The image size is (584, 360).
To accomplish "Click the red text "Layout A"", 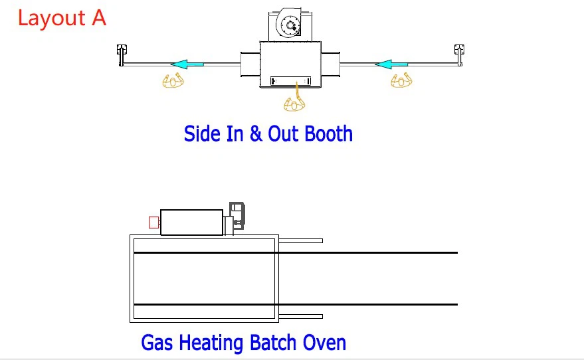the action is (x=62, y=18).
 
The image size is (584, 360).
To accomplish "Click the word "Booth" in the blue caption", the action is (x=328, y=134).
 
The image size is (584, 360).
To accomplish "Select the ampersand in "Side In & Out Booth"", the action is (x=256, y=134).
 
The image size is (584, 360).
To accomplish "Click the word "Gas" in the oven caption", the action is (x=157, y=343).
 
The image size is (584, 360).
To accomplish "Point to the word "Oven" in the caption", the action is (x=324, y=343).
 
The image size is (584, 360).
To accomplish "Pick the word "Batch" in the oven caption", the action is (x=273, y=343).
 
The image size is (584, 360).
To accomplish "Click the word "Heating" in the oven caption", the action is (x=211, y=343).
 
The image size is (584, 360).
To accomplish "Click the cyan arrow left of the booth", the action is (x=187, y=64).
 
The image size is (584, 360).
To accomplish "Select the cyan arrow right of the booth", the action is (x=391, y=64).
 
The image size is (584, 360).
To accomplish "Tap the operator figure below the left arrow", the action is (x=173, y=80).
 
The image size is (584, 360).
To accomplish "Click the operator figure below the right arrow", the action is (x=401, y=80).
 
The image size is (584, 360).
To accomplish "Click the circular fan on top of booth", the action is (x=289, y=24).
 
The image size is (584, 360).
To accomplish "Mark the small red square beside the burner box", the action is (x=154, y=223).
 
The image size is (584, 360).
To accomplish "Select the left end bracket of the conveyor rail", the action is (x=122, y=55).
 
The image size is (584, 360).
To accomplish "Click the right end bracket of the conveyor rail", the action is (x=459, y=55).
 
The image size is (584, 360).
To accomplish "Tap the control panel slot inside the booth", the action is (x=290, y=81).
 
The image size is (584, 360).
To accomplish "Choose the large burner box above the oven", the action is (x=192, y=223).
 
